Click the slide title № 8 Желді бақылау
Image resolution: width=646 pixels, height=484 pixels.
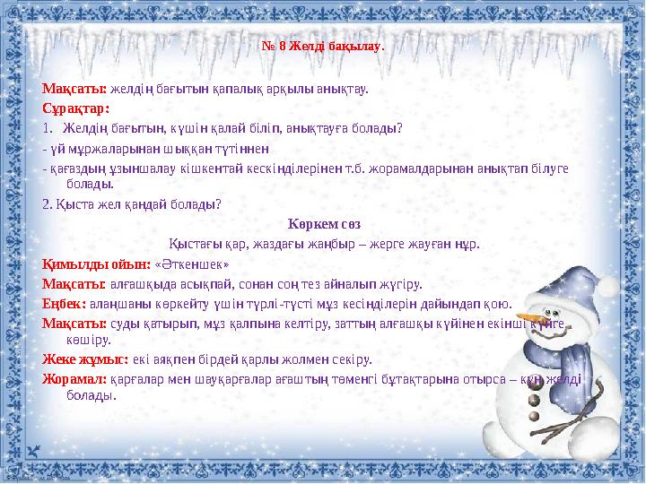[x=323, y=46]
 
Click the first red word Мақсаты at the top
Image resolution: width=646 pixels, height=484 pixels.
[x=74, y=90]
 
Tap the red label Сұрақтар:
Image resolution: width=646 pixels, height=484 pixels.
[x=76, y=108]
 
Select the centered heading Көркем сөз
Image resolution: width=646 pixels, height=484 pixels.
[x=324, y=223]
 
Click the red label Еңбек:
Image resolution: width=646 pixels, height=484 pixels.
[x=64, y=304]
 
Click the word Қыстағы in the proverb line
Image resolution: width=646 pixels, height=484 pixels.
[x=190, y=243]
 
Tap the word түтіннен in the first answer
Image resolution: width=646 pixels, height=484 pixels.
[x=243, y=147]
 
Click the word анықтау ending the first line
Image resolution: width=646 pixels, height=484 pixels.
[x=346, y=90]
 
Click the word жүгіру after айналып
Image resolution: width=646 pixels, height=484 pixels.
[x=401, y=284]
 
